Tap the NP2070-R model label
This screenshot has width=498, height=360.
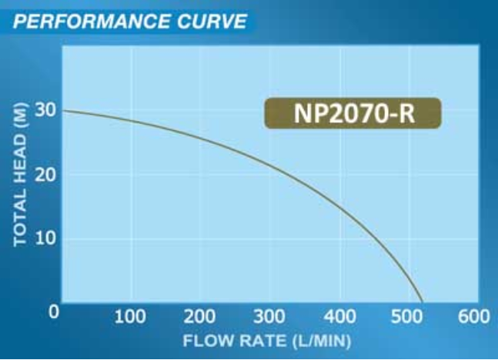(x=353, y=113)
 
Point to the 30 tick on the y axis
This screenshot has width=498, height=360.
(x=45, y=110)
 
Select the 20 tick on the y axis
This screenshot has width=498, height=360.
(x=45, y=175)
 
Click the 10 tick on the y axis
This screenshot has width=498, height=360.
(x=45, y=239)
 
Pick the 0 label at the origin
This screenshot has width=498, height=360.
(x=54, y=312)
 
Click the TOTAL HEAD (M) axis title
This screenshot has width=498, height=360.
(x=21, y=175)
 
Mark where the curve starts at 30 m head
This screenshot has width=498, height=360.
(x=62, y=111)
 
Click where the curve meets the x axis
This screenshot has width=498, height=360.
(x=423, y=302)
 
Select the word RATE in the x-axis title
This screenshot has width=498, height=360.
(x=258, y=339)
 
